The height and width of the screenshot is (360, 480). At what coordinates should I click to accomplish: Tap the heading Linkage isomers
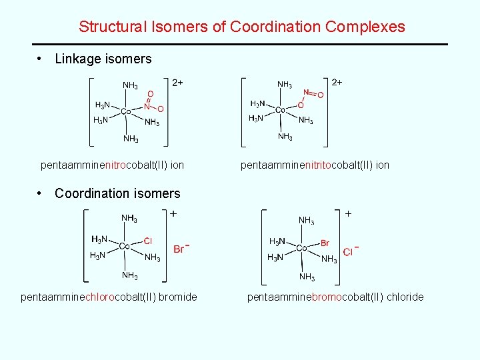click(103, 59)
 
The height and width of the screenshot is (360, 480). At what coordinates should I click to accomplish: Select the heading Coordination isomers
click(117, 194)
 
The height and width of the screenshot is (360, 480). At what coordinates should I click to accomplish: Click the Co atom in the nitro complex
click(125, 111)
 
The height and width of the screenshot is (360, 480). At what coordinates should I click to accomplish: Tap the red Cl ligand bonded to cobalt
click(148, 241)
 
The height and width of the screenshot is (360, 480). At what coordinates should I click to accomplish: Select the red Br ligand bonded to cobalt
click(325, 243)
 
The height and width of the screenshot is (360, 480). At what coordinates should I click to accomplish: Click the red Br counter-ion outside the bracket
click(179, 249)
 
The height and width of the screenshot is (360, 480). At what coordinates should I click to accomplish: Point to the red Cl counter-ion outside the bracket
click(348, 251)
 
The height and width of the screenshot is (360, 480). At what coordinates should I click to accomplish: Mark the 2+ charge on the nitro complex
click(177, 83)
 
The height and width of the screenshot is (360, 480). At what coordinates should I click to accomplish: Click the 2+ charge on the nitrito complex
click(337, 82)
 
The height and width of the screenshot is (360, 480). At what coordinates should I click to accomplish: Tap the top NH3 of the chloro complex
click(129, 218)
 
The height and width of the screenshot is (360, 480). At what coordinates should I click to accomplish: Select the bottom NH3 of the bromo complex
click(307, 277)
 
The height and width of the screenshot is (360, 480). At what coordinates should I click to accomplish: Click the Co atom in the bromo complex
click(301, 248)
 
